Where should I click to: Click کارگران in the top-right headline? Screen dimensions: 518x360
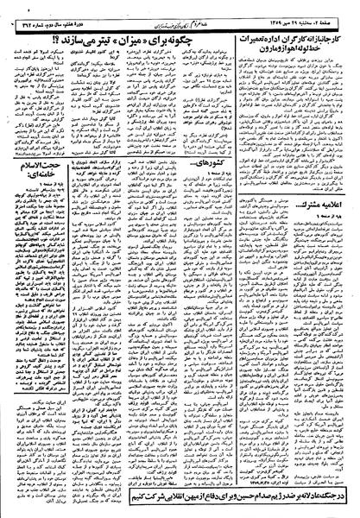(293, 39)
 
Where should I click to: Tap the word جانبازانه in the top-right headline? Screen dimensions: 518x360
(332, 39)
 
